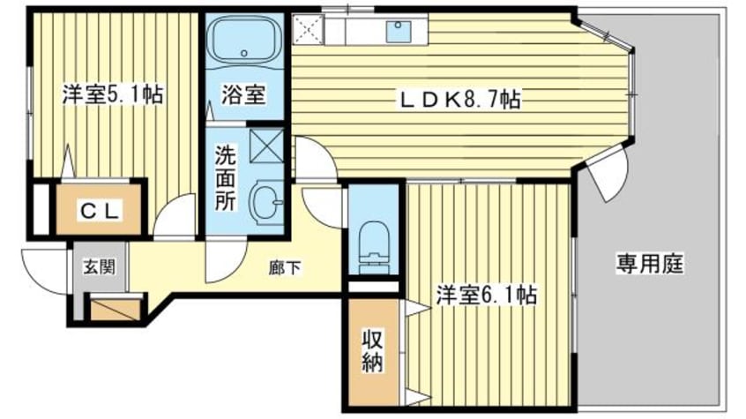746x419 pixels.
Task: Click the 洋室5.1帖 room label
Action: [x=112, y=95]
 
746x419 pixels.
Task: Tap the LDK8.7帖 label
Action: [x=459, y=101]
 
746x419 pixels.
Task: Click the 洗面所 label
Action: [x=227, y=176]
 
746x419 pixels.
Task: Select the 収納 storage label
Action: [x=371, y=351]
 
